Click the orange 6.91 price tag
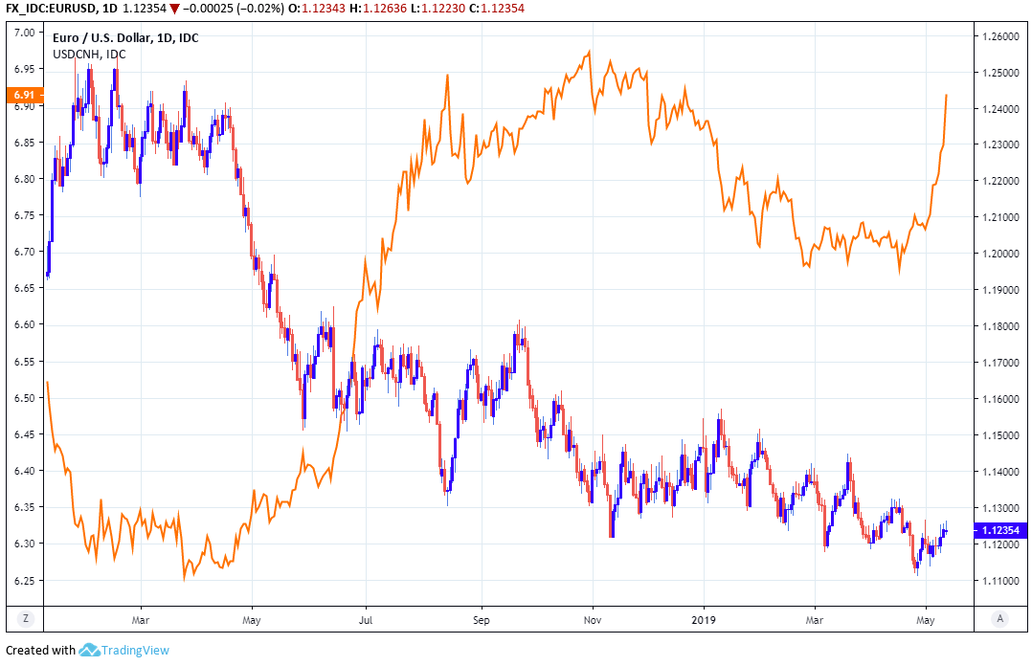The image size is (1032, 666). (x=22, y=95)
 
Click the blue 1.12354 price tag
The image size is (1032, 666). (x=999, y=529)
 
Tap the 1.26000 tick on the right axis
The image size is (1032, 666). (x=999, y=36)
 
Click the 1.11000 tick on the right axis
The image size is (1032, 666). (x=999, y=581)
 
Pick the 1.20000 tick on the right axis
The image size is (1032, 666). (x=999, y=254)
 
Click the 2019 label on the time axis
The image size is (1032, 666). (x=704, y=619)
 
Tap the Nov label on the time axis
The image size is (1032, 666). (x=592, y=619)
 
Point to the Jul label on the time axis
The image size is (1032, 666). (x=366, y=619)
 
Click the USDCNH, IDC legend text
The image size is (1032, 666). (x=89, y=54)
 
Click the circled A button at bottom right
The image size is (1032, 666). (x=999, y=619)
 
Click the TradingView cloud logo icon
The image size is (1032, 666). (x=90, y=651)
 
